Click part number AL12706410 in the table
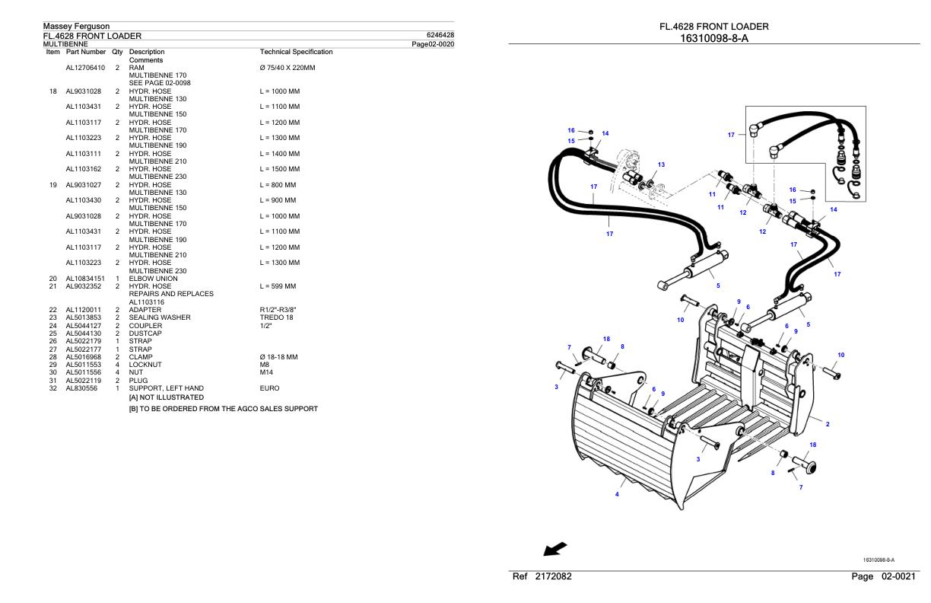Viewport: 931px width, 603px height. point(85,68)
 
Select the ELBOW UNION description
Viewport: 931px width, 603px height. point(153,279)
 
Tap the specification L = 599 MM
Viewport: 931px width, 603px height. point(278,286)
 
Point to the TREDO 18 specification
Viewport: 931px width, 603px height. point(276,317)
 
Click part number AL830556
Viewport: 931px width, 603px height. point(81,388)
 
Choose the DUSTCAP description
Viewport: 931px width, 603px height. point(145,333)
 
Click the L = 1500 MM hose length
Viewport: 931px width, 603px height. point(279,169)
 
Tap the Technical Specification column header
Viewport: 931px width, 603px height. point(296,52)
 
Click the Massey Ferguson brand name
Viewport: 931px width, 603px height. point(76,27)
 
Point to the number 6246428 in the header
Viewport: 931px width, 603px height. point(441,35)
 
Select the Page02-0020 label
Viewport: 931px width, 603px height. point(432,43)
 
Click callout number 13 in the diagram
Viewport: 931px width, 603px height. point(661,164)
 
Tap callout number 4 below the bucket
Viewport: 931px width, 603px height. point(617,494)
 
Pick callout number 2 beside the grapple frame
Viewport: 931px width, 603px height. point(828,424)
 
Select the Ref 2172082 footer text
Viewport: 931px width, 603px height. point(542,576)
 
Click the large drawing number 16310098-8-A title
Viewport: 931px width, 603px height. point(713,38)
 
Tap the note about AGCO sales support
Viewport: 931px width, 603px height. point(223,409)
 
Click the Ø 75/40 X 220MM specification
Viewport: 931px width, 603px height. point(288,68)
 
